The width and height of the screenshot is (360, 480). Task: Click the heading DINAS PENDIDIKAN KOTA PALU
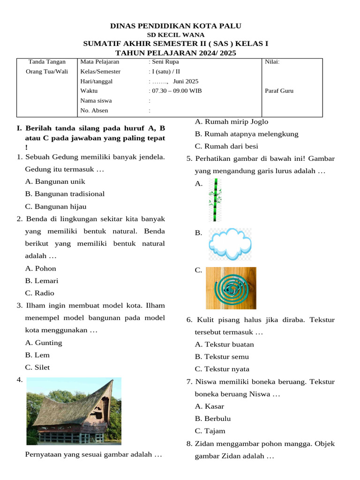(176, 26)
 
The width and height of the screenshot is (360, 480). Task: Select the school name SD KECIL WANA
(176, 35)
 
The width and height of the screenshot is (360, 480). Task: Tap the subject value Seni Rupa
(165, 61)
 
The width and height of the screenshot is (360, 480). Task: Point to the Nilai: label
(272, 61)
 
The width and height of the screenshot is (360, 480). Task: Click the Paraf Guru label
(279, 91)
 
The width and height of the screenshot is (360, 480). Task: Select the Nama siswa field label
(96, 101)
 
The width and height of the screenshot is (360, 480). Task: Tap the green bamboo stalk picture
(215, 200)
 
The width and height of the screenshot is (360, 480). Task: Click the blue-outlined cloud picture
(230, 244)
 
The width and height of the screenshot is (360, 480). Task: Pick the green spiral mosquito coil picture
(231, 288)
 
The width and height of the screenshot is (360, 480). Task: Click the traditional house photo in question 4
(74, 411)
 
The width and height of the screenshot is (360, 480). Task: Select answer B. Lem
(37, 355)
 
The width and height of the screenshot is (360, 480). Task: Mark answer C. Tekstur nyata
(222, 369)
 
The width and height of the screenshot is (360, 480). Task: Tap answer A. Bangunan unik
(55, 181)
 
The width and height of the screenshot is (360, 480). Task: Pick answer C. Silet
(37, 367)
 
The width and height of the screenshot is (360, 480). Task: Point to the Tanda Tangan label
(47, 61)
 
